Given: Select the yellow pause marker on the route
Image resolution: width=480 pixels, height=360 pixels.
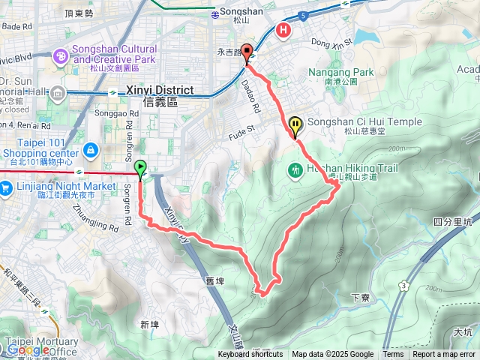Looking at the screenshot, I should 296,124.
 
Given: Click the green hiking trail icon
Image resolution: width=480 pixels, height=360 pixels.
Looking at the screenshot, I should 295,170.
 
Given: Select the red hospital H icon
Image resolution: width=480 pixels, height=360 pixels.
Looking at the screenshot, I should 283,30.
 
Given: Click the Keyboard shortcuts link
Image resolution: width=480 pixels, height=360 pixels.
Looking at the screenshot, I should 250,355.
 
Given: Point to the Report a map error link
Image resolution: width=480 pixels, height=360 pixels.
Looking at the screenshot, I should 444,355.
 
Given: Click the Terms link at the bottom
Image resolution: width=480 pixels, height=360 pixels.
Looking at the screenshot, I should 393,355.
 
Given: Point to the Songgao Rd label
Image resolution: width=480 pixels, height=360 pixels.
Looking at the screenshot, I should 113,114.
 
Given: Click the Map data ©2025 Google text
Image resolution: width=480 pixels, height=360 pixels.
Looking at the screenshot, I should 333,355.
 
